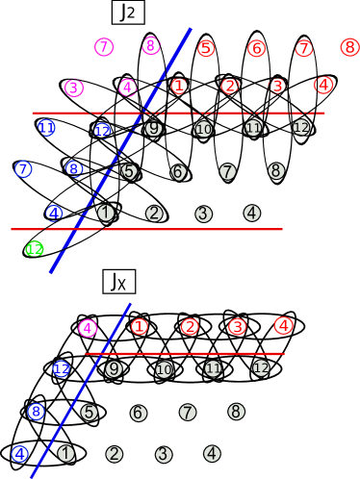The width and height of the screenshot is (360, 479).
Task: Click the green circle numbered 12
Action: tap(35, 249)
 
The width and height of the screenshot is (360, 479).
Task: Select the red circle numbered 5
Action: tap(206, 48)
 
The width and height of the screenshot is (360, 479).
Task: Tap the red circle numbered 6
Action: tap(256, 48)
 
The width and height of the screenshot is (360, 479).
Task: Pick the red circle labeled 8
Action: tap(349, 47)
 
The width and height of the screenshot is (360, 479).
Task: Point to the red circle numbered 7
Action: tap(304, 48)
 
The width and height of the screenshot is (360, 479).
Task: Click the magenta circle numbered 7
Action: tap(104, 47)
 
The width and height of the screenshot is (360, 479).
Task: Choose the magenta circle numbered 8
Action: tap(151, 45)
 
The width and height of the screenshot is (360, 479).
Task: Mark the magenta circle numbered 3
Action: tap(74, 88)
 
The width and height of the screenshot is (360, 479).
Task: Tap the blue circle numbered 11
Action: tap(46, 128)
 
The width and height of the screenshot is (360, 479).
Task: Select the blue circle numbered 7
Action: tap(23, 169)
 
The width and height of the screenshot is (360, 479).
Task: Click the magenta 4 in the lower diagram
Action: tap(88, 328)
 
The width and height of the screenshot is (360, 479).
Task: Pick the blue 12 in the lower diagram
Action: tap(62, 368)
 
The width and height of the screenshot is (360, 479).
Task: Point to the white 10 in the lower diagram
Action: tap(164, 370)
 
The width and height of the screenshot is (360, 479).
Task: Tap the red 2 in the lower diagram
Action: tap(190, 327)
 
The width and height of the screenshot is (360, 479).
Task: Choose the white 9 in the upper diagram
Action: tap(154, 128)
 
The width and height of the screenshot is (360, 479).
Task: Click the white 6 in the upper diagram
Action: tap(178, 172)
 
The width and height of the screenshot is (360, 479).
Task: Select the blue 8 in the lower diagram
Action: tap(36, 412)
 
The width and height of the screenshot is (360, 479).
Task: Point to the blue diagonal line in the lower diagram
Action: tap(81, 391)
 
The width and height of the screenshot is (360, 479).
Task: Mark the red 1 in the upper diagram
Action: tap(179, 87)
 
